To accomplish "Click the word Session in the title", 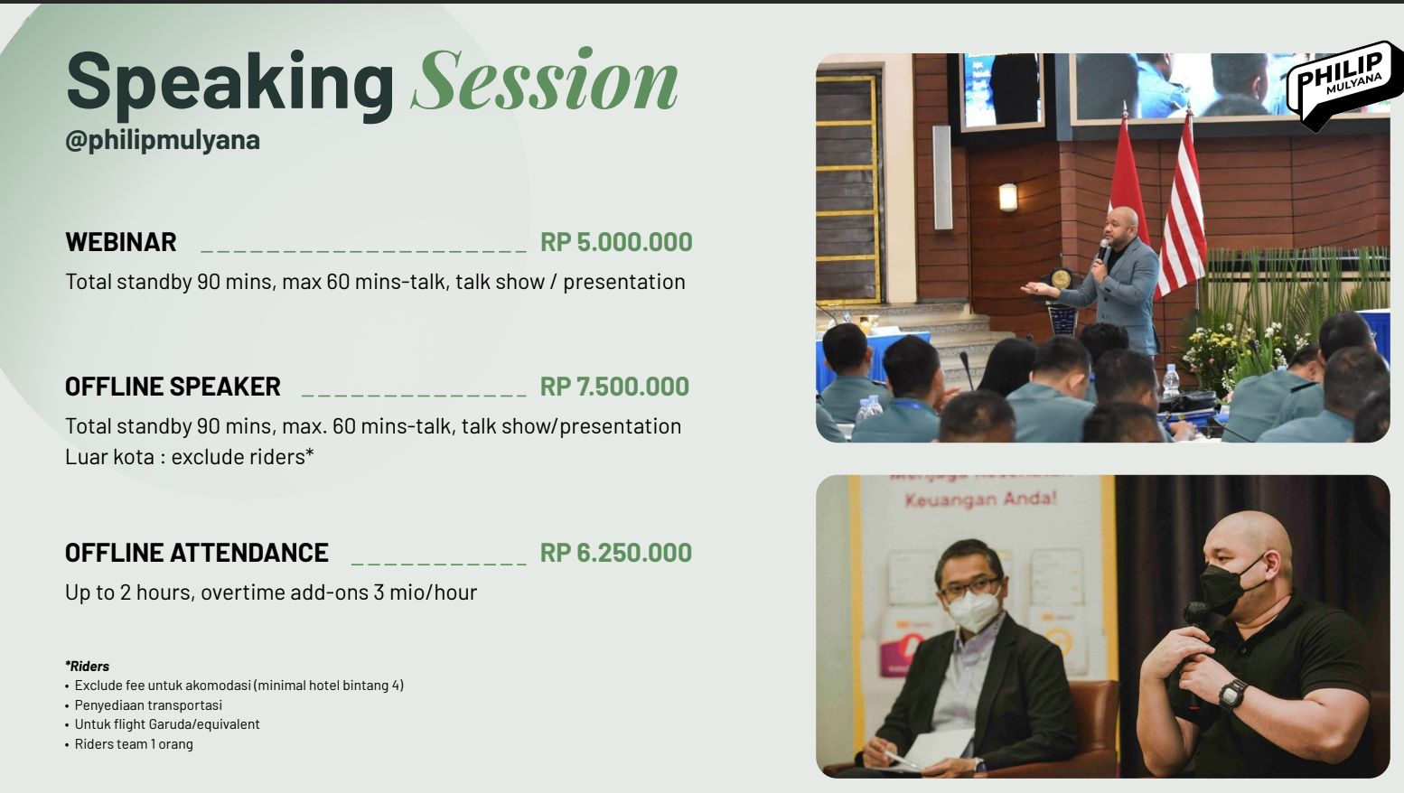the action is coord(545,81).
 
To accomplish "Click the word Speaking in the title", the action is coord(230,84).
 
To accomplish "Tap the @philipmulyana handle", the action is coord(163,140).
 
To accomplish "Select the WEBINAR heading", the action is coord(121,242).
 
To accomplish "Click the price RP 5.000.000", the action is coord(616,242).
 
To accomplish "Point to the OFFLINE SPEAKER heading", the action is coord(173,387).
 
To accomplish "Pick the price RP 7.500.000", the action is coord(615,387).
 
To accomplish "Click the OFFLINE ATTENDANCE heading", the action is coord(197,553).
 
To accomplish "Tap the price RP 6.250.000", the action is coord(616,553).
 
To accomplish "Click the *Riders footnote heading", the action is coord(87,666).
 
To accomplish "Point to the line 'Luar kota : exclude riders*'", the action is coord(190,457).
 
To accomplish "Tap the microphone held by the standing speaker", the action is coord(1103,250).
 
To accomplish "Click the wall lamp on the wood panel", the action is coord(1008,197).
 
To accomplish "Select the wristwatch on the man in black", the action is coord(1232,694).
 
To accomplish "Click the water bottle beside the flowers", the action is coord(1170,380).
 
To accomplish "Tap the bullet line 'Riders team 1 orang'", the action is coord(134,744).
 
